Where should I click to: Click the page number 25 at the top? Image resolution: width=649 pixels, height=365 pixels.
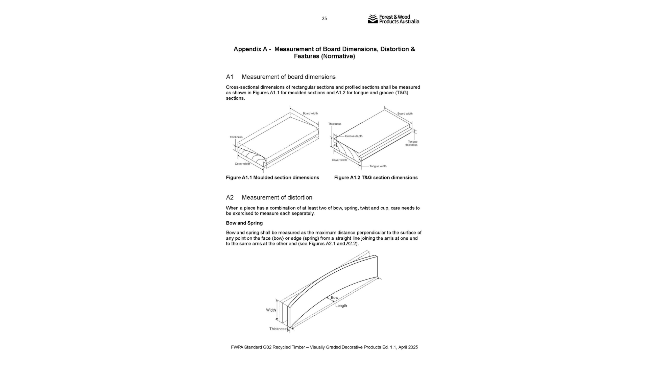[324, 19]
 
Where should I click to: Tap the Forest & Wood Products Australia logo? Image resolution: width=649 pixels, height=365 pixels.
[393, 19]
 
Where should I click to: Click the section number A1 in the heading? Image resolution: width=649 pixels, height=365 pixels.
[230, 77]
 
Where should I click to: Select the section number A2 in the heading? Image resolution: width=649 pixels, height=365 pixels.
[230, 198]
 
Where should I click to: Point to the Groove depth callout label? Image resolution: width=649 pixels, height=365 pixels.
[354, 136]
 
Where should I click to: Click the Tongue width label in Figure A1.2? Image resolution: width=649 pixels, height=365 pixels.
[378, 166]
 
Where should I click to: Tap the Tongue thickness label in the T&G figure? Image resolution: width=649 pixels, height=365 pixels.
[412, 143]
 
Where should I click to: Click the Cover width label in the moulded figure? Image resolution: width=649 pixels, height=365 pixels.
[242, 164]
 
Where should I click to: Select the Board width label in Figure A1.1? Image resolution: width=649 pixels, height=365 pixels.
[310, 114]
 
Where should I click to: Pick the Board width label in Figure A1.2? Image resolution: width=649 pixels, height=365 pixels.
[405, 114]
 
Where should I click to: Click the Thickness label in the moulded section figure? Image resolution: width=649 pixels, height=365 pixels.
[236, 137]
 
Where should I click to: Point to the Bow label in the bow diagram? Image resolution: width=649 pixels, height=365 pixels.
[334, 298]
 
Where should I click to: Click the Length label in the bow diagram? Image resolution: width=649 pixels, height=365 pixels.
[341, 306]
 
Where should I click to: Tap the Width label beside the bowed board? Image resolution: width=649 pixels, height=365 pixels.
[271, 310]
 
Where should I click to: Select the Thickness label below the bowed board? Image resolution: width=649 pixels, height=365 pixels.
[278, 329]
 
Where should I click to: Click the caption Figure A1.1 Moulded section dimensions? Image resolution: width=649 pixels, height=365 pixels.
[272, 178]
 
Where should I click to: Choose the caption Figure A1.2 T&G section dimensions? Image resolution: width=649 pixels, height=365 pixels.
[376, 178]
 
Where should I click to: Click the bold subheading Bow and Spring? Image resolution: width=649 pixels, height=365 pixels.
[244, 223]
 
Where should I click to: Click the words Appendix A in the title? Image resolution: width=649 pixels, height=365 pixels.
[250, 49]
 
